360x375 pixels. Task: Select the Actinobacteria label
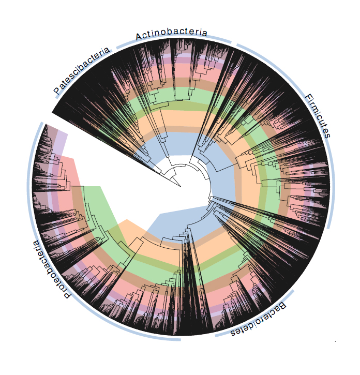171,34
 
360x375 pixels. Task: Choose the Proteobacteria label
51,269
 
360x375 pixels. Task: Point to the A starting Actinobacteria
139,37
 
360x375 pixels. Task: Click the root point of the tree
181,185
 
